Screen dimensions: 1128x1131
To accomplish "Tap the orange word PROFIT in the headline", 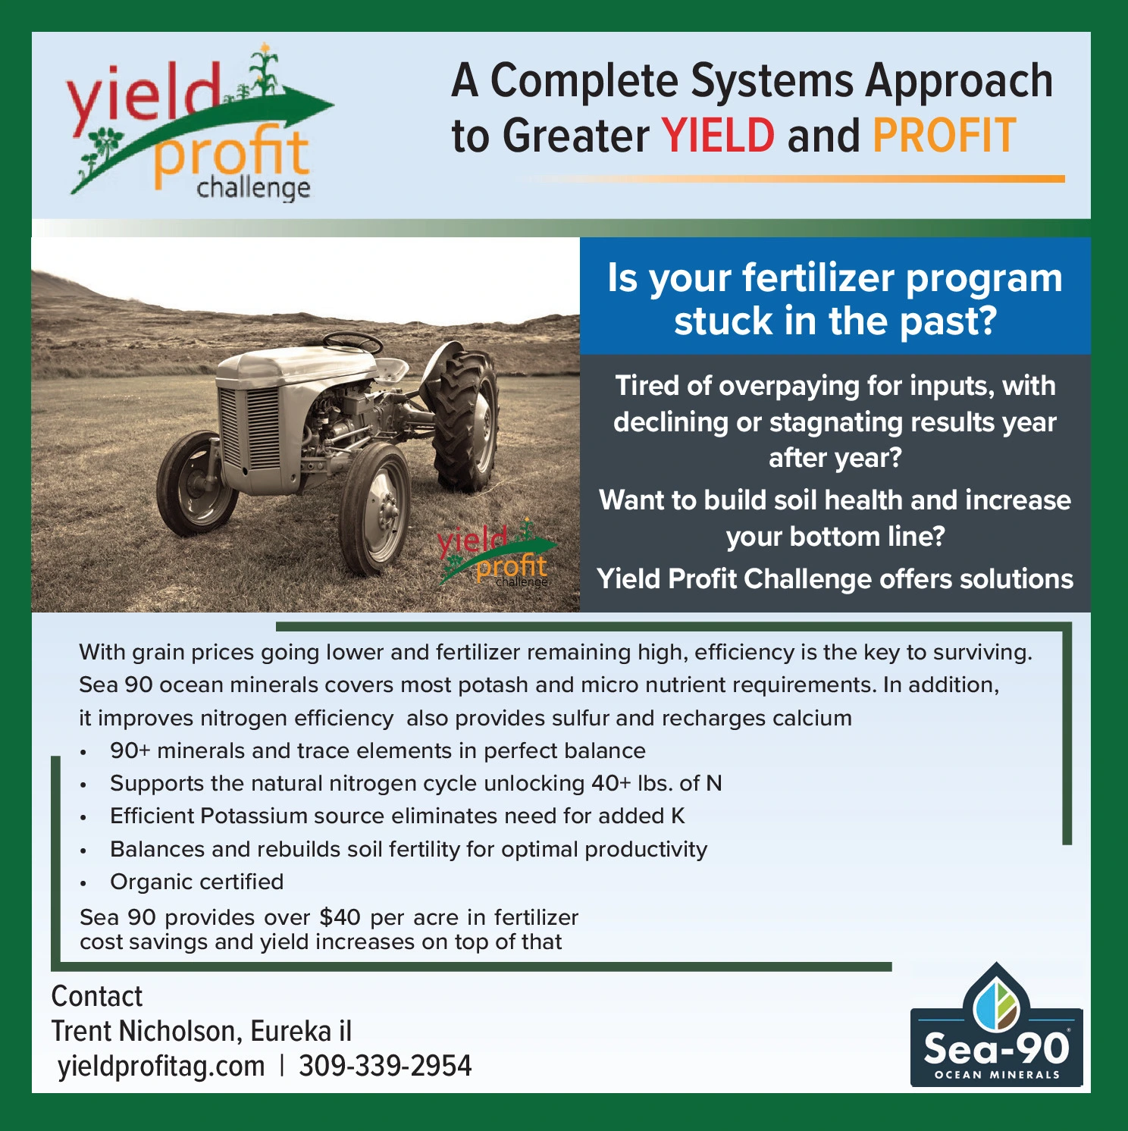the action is coord(944,136).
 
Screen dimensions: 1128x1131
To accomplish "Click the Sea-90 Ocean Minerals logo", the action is coord(996,1025).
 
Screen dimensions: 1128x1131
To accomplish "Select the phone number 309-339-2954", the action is coord(385,1066).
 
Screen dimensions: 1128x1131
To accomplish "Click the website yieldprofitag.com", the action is coord(161,1067).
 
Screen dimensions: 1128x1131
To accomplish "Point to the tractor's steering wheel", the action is coord(352,343).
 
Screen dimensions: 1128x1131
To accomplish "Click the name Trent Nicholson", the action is coord(146,1031).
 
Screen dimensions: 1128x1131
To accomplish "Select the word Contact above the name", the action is coord(96,996).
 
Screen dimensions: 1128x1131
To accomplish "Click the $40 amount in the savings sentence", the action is coord(340,917).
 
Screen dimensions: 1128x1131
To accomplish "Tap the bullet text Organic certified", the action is coord(197,882).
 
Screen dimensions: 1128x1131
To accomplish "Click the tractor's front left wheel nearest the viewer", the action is coord(377,508).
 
